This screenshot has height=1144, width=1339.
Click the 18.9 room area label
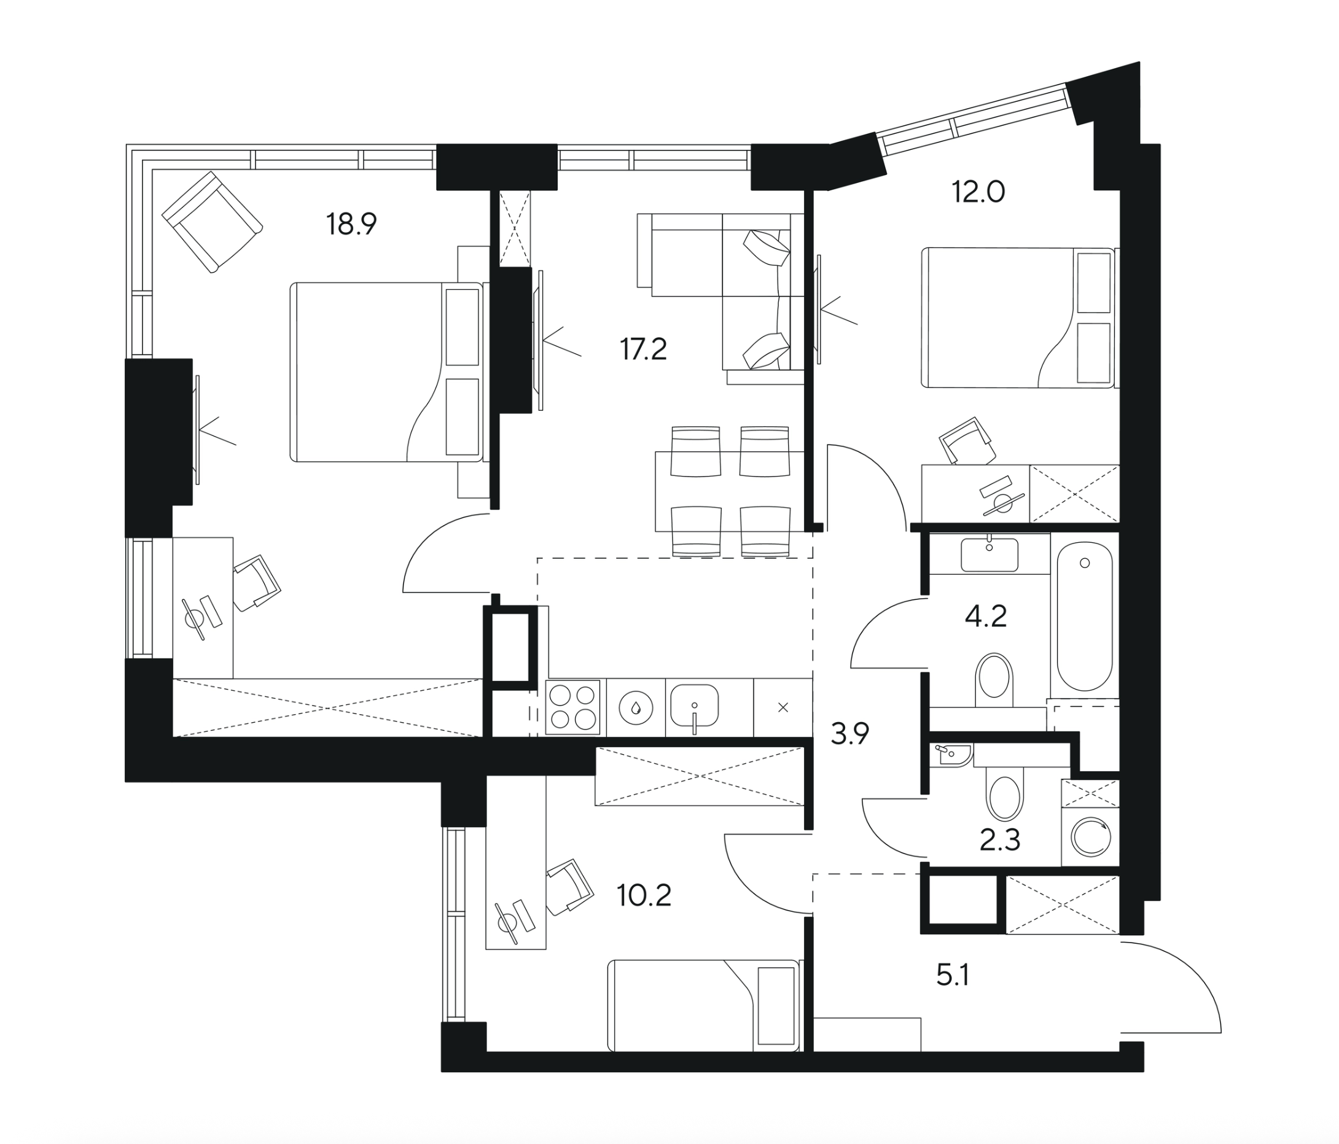pyautogui.click(x=351, y=224)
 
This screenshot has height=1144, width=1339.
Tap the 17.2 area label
pyautogui.click(x=643, y=349)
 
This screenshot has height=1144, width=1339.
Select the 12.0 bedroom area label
pyautogui.click(x=978, y=192)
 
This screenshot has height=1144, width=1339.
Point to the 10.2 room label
pyautogui.click(x=644, y=896)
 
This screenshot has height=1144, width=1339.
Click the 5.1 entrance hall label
pyautogui.click(x=953, y=976)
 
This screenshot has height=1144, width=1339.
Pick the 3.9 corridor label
pyautogui.click(x=850, y=734)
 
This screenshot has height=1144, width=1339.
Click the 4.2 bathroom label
pyautogui.click(x=985, y=617)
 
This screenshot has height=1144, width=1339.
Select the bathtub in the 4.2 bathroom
pyautogui.click(x=1084, y=617)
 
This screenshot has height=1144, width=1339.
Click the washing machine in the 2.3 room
pyautogui.click(x=1090, y=838)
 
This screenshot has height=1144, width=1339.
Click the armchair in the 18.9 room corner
pyautogui.click(x=212, y=221)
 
